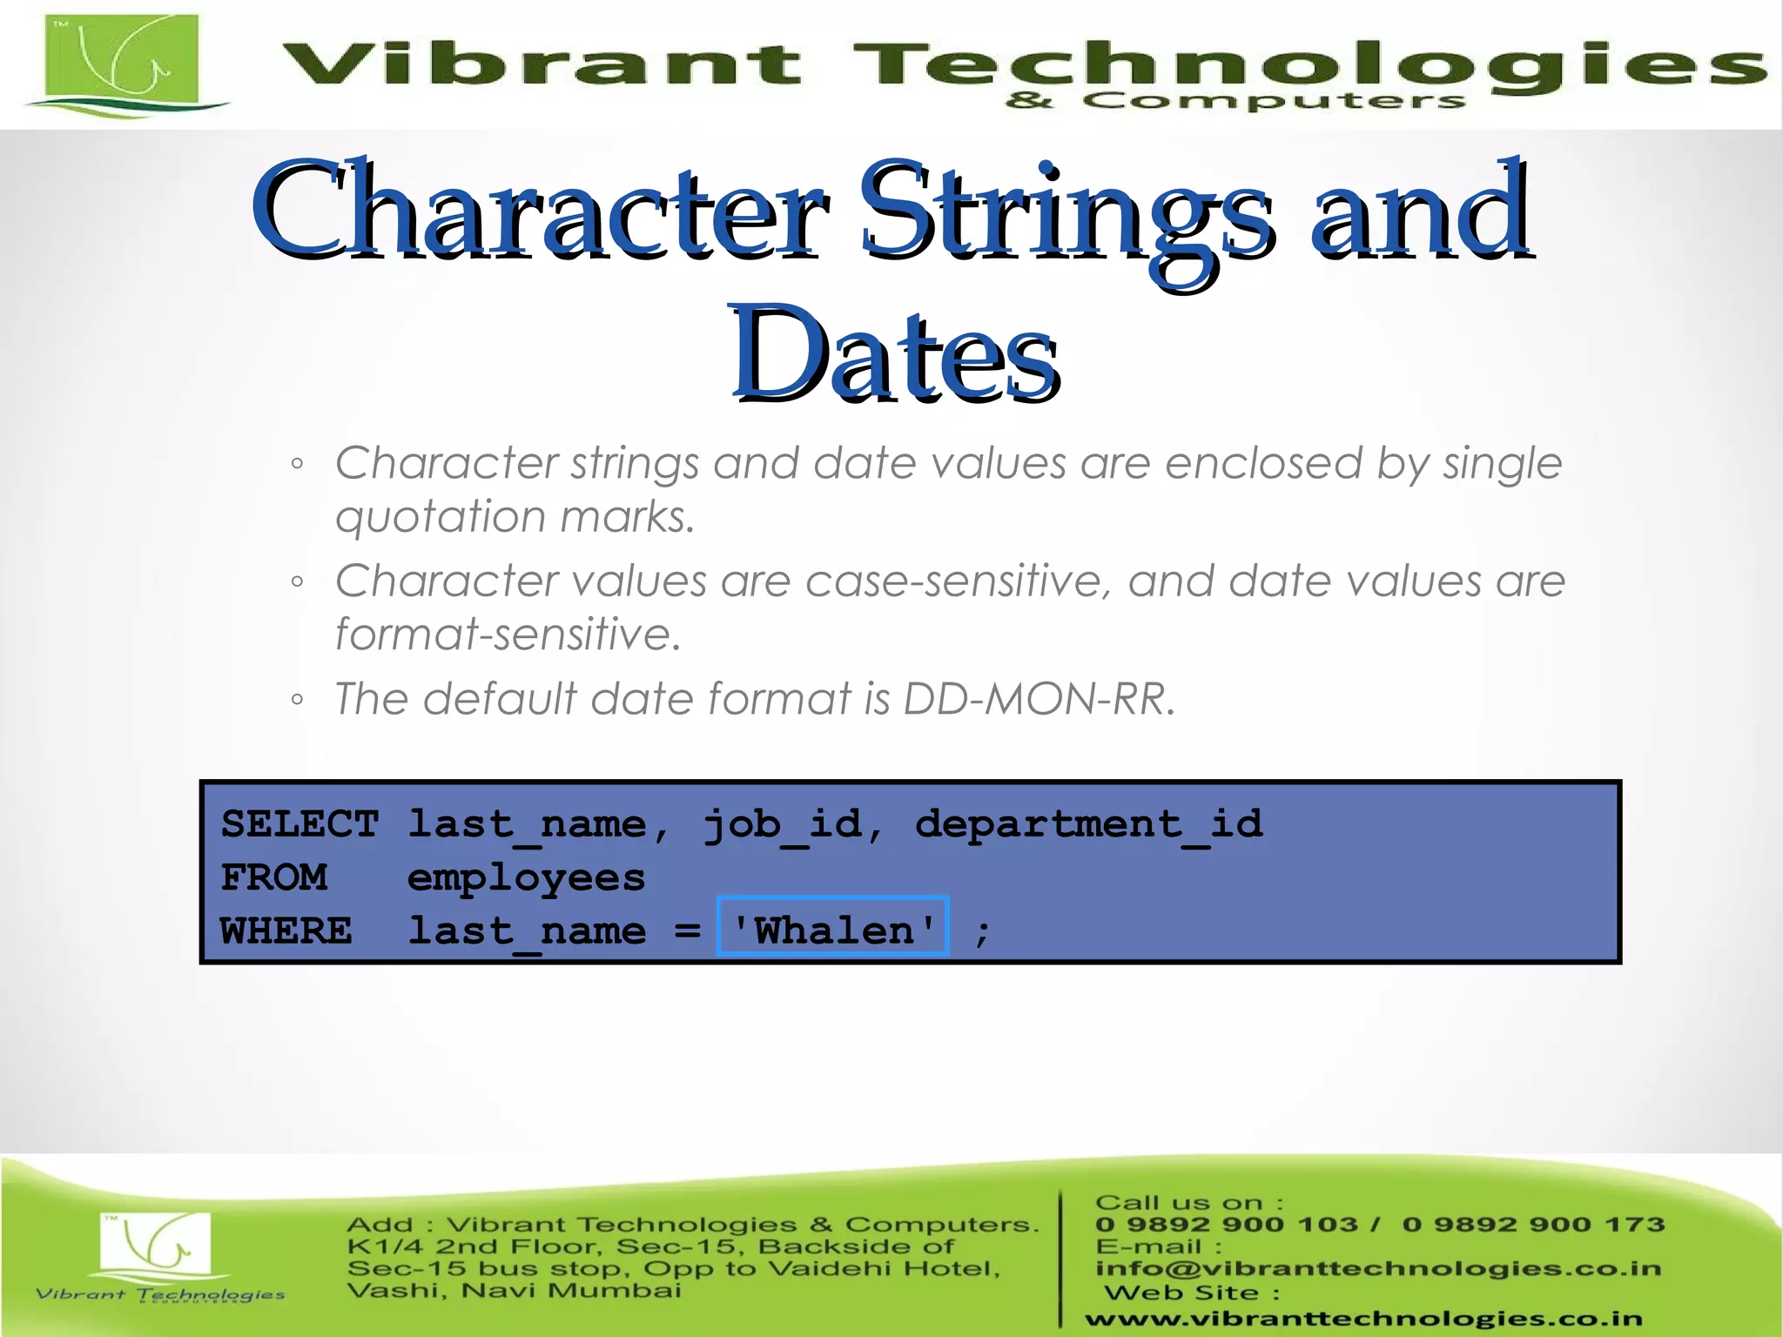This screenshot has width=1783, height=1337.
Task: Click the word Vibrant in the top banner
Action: pos(540,64)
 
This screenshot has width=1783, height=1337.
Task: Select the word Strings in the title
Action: pos(1066,213)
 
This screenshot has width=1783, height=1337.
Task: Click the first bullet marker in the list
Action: pos(298,464)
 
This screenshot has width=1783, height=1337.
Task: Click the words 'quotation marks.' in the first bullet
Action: pos(515,516)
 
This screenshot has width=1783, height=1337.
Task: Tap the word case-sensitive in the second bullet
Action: pos(958,581)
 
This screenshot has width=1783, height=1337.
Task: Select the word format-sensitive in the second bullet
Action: pos(508,634)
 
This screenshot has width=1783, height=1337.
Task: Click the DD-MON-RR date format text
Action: pos(1038,699)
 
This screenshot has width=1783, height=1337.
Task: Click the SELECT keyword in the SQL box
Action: pos(299,823)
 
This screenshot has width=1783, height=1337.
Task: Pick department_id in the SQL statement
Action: pos(1088,823)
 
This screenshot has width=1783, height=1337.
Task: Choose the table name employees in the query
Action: pos(526,877)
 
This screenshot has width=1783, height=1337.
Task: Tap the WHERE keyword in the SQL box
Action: pos(286,931)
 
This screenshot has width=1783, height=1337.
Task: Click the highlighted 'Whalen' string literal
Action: pos(833,930)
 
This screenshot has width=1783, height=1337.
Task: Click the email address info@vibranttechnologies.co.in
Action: pos(1378,1268)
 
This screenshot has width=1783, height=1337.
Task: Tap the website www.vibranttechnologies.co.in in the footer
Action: pos(1363,1319)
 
